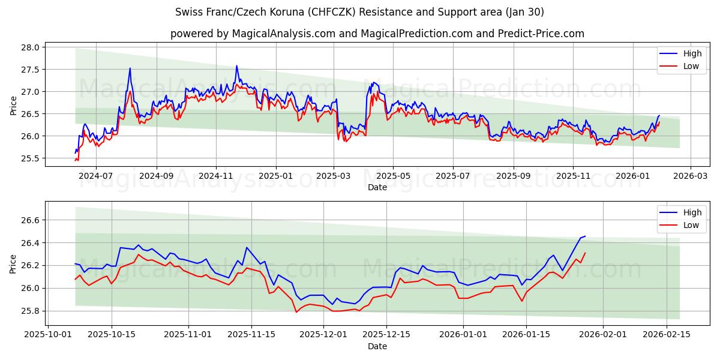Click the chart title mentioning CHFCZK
[x=360, y=12]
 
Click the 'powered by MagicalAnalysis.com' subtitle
[x=377, y=34]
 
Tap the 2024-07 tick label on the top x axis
[x=96, y=176]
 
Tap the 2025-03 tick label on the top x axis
[x=334, y=176]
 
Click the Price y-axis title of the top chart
[x=14, y=105]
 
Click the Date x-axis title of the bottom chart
[x=377, y=346]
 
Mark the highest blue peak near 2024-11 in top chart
[x=236, y=66]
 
